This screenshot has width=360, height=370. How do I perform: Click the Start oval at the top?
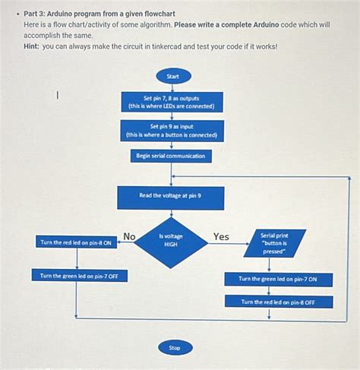172,76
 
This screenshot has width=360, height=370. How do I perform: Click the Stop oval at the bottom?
174,347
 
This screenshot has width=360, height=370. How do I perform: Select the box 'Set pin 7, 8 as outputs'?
172,102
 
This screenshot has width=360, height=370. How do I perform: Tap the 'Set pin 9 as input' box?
172,131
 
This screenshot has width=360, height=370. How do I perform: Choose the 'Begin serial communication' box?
171,156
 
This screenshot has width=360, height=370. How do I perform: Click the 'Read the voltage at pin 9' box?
170,197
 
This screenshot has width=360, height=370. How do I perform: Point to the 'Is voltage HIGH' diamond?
171,242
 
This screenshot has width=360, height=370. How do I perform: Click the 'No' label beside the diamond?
129,236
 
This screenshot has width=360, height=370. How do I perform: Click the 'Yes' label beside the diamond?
221,236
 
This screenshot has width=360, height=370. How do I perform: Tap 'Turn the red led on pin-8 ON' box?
76,242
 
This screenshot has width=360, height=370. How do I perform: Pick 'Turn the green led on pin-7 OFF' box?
79,276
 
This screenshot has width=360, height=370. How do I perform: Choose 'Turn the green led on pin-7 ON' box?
278,279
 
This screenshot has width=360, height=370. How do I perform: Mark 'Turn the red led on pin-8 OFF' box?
278,302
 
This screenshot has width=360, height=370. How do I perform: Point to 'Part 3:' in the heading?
36,14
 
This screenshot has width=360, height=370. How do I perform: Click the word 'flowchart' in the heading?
174,14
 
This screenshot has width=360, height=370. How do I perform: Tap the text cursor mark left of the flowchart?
58,95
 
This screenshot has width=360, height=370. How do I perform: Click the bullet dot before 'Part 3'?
16,14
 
